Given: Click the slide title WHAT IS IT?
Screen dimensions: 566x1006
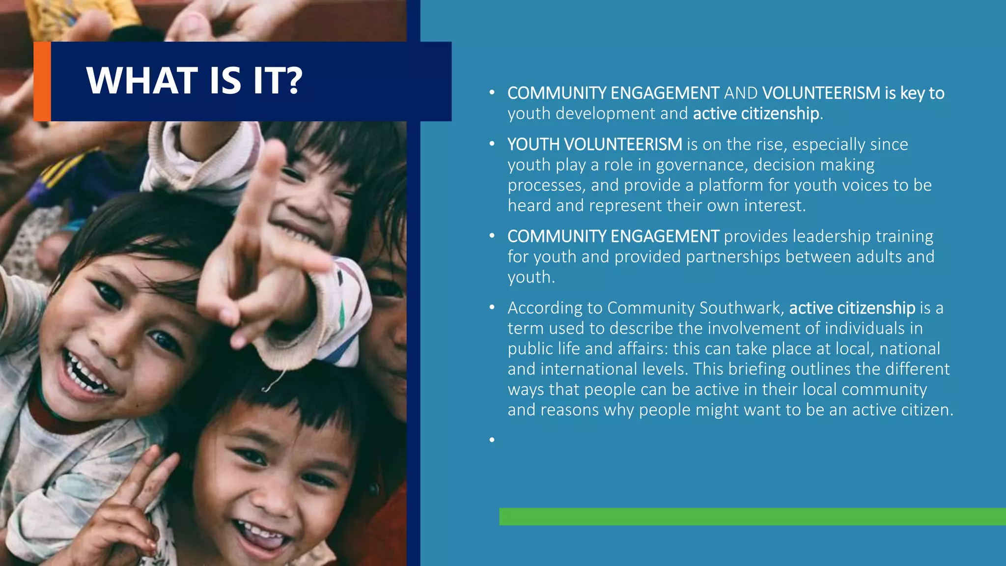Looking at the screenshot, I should tap(194, 81).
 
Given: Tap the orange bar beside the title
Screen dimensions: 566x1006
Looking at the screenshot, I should tap(42, 82).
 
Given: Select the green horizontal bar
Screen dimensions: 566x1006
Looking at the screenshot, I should tap(752, 516).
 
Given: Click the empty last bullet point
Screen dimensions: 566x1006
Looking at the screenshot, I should tap(492, 440).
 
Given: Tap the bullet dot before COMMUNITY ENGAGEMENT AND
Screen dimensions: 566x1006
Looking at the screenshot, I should tap(492, 93).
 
